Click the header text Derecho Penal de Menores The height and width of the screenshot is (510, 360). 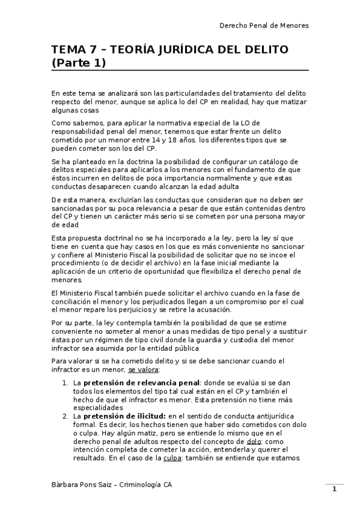(264, 26)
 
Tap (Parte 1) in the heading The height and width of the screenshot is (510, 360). (79, 63)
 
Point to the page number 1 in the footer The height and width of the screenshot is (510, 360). (334, 489)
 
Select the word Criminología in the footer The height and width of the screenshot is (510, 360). (141, 484)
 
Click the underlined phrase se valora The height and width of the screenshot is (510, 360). (144, 369)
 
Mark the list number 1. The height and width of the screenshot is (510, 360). (66, 382)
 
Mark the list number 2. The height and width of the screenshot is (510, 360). (66, 415)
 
